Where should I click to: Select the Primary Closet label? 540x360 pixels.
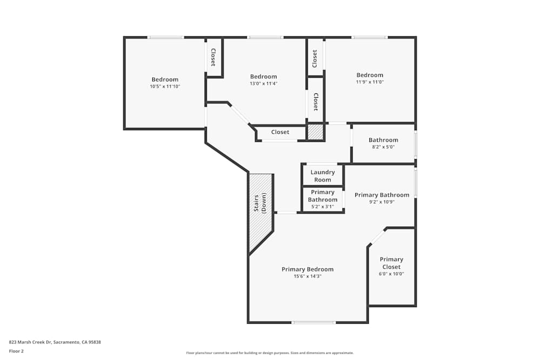[x=391, y=263]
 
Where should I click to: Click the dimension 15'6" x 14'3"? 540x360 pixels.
[x=307, y=276]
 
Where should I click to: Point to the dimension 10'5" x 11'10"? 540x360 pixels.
[x=165, y=86]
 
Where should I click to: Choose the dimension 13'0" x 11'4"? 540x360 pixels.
[x=263, y=84]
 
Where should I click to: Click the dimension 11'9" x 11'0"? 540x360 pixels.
[x=369, y=82]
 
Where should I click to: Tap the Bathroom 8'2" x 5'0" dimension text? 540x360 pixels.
[x=383, y=147]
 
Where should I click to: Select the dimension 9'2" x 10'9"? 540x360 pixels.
[x=382, y=202]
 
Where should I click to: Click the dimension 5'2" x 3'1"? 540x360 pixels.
[x=322, y=206]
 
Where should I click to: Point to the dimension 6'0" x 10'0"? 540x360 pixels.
[x=391, y=274]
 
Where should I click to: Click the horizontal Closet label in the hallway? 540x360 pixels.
[x=280, y=132]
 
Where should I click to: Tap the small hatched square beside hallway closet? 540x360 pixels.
[x=315, y=132]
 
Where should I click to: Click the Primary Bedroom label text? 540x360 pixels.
[x=307, y=269]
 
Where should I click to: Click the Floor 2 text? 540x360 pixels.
[x=16, y=351]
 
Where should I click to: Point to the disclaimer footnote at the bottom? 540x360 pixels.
[x=270, y=353]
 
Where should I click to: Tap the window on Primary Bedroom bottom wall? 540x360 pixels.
[x=313, y=323]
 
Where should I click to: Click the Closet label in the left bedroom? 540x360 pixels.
[x=213, y=57]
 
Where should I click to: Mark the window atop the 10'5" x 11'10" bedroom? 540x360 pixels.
[x=166, y=37]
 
